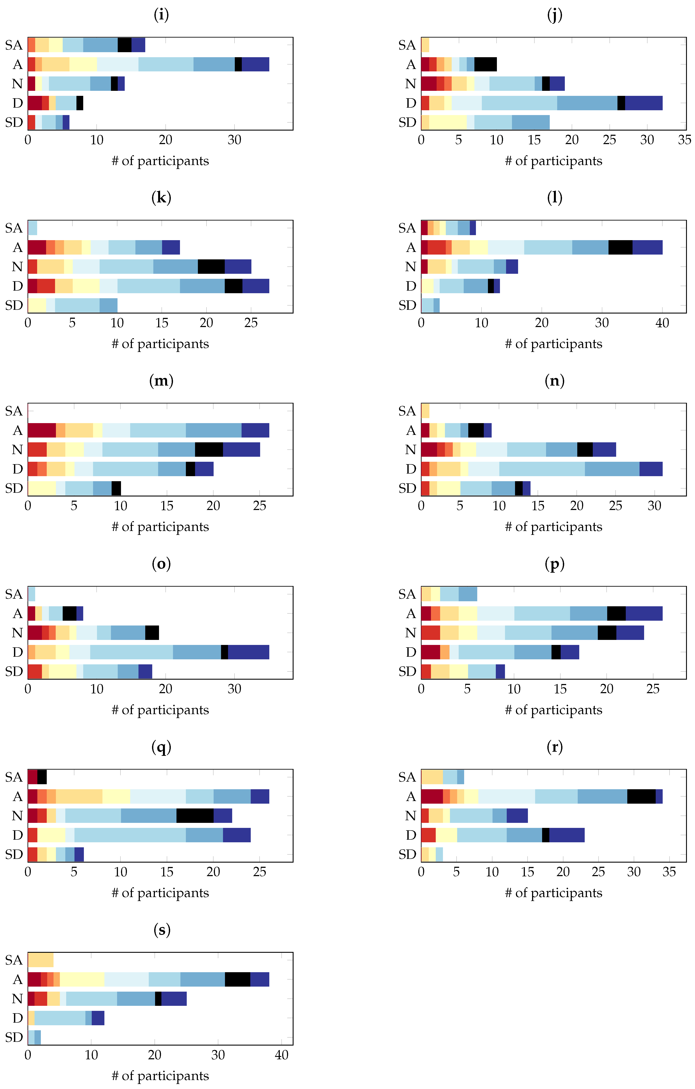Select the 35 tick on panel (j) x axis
[x=685, y=140]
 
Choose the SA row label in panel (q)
[x=14, y=777]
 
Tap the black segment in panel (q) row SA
[x=42, y=777]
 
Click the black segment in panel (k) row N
[x=211, y=267]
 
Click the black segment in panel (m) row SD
[x=116, y=488]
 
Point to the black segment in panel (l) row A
[x=620, y=247]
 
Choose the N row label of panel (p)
[x=410, y=633]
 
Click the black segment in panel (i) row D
[x=80, y=103]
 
